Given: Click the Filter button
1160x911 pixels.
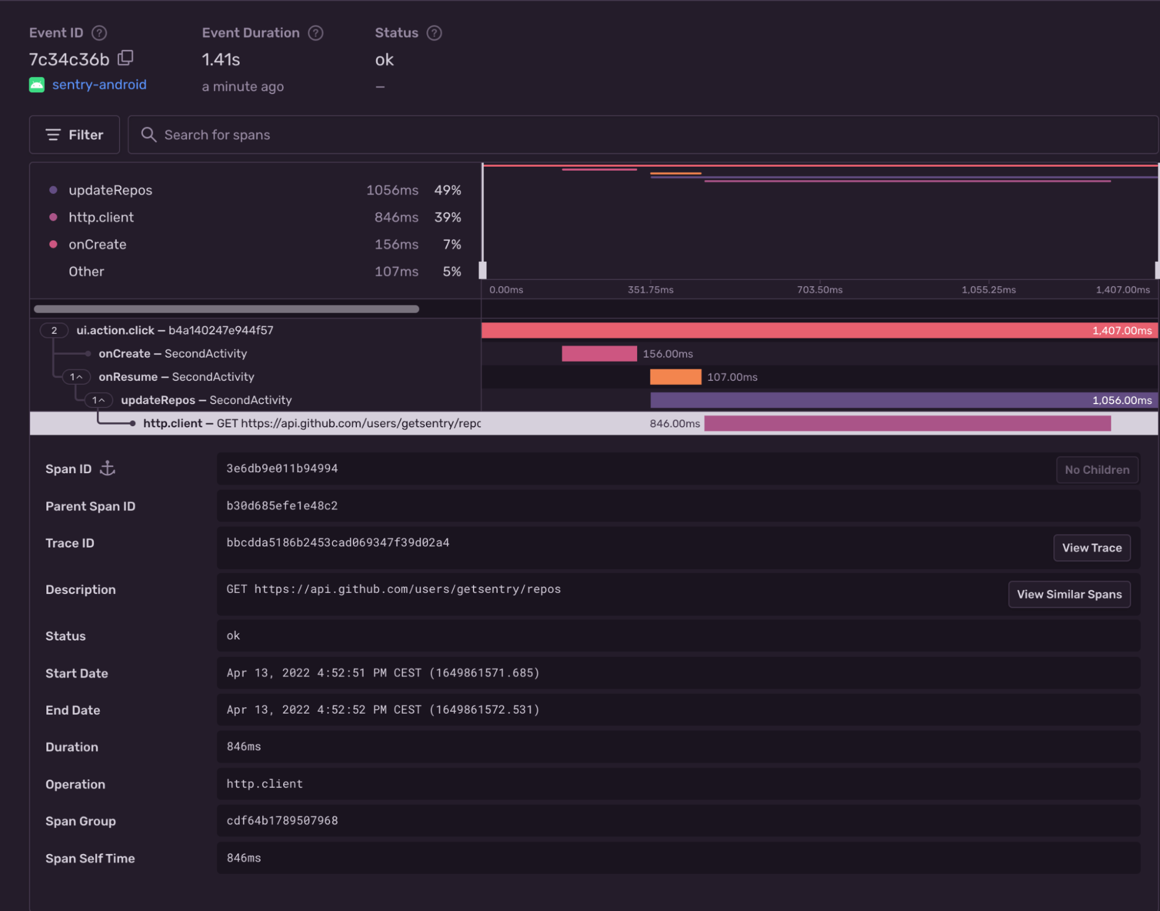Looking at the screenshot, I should (x=74, y=135).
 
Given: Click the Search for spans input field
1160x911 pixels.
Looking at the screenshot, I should (x=638, y=135).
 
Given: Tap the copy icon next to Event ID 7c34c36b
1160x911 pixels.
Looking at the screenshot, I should (x=125, y=58).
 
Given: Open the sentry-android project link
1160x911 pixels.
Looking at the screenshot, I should (x=99, y=85).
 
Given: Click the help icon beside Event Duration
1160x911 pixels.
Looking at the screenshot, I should (x=315, y=33).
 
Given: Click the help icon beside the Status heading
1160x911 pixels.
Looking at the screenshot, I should (x=434, y=33).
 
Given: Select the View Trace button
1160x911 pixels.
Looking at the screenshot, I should (x=1091, y=548).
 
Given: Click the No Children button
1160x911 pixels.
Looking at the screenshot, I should (x=1096, y=470).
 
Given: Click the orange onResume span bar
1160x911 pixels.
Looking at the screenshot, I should (x=675, y=377).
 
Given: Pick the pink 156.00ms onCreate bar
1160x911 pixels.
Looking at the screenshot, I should (x=599, y=354).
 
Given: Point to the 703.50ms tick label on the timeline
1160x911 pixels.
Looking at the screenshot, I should (x=819, y=290).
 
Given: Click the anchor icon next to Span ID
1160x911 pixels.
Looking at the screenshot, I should (x=107, y=469).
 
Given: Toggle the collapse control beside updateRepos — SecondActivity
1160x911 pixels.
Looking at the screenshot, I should (x=99, y=400).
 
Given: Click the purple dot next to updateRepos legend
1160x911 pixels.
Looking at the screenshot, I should (x=53, y=190).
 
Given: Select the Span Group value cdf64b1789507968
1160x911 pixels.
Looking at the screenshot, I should (x=282, y=820).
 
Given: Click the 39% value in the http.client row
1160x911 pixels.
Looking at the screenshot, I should (x=447, y=217).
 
